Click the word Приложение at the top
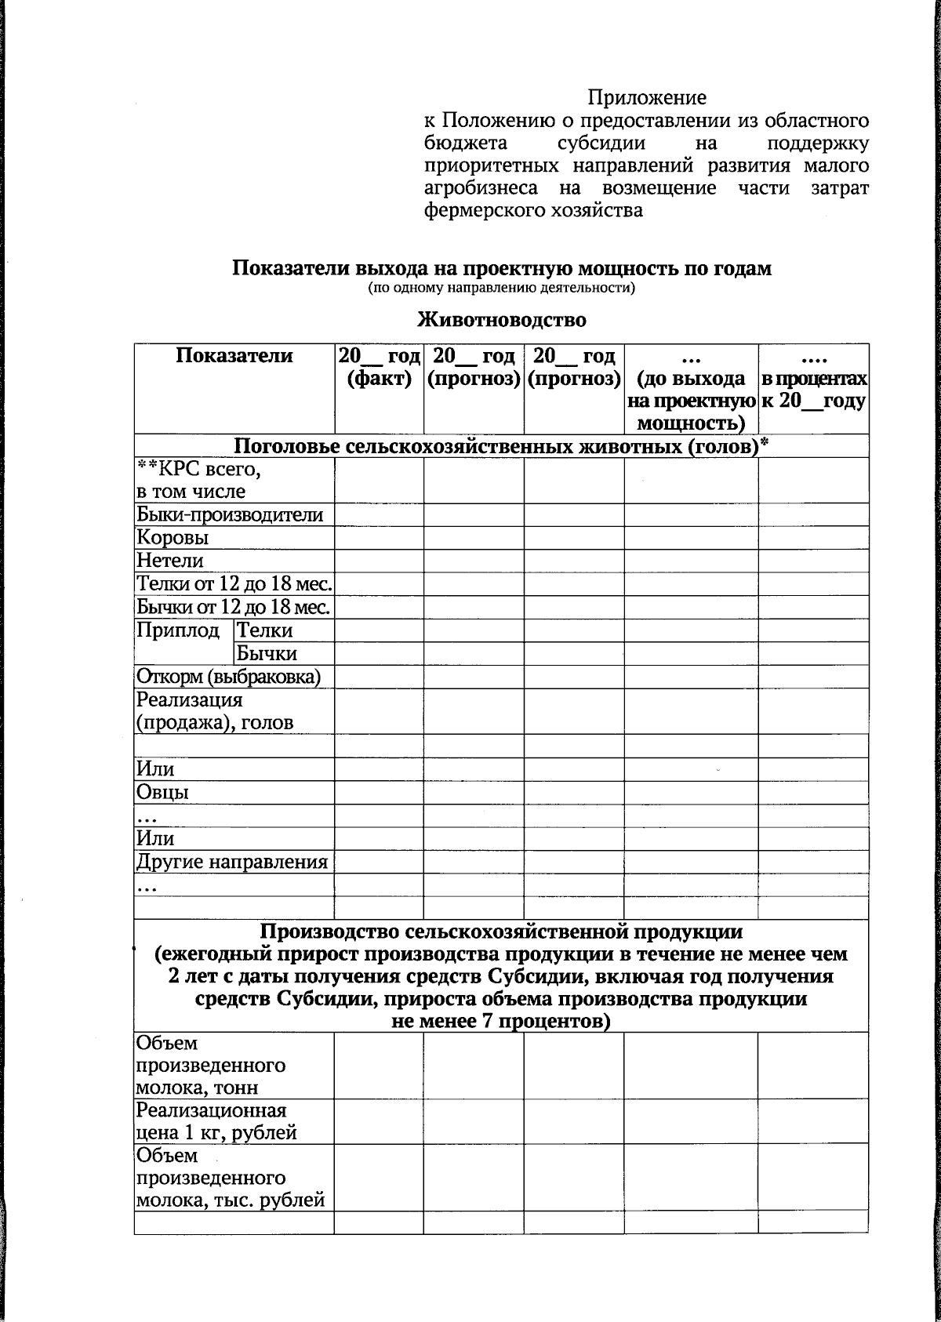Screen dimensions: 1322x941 (x=647, y=98)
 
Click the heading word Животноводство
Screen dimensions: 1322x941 (x=502, y=320)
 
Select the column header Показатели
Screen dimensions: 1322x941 (x=234, y=356)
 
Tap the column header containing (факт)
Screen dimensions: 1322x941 (x=379, y=369)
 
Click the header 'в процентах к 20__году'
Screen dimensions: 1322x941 (x=813, y=390)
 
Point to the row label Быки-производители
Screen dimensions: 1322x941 (x=230, y=515)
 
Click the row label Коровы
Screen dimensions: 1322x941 (x=173, y=538)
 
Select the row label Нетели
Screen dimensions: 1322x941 (x=170, y=561)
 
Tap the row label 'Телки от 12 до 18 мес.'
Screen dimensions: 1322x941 (x=234, y=584)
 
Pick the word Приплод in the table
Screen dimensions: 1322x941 (x=178, y=630)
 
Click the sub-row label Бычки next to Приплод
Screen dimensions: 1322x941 (x=267, y=654)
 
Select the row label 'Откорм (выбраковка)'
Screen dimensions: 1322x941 (x=228, y=677)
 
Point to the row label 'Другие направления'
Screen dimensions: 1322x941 (x=231, y=863)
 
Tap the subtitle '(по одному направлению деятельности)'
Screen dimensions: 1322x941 (x=501, y=289)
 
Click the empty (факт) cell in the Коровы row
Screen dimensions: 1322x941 (x=379, y=538)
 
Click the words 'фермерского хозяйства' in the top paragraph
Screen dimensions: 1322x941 (x=533, y=211)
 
